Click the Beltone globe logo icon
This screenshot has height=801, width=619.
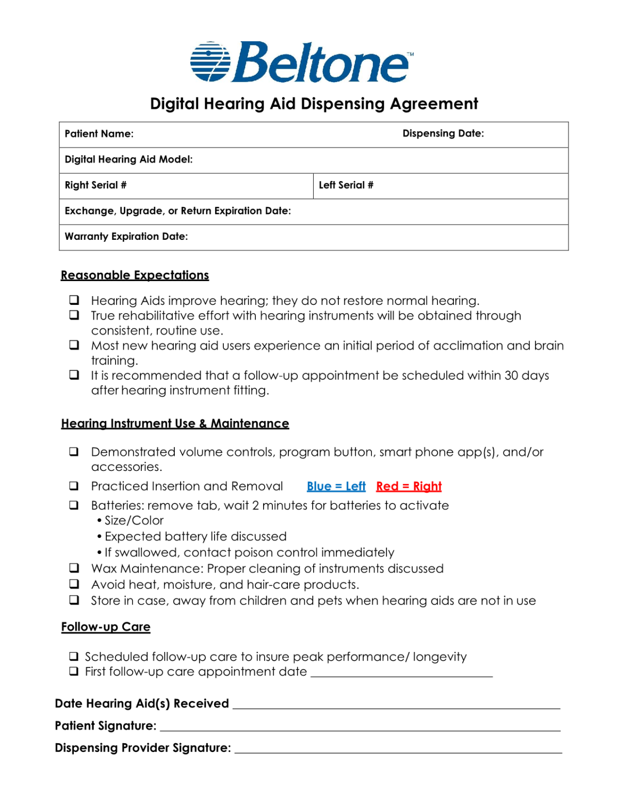pyautogui.click(x=210, y=62)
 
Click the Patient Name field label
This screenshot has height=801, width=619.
pyautogui.click(x=99, y=134)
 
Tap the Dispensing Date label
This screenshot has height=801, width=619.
pyautogui.click(x=443, y=134)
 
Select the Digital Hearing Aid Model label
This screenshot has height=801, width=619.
pyautogui.click(x=128, y=159)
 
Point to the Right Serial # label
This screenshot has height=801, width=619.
pyautogui.click(x=95, y=185)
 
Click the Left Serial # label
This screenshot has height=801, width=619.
pyautogui.click(x=346, y=185)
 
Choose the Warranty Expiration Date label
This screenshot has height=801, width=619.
pyautogui.click(x=126, y=237)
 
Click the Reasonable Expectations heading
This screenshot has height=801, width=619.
pyautogui.click(x=135, y=275)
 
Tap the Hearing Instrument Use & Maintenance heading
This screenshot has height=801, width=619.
pyautogui.click(x=175, y=423)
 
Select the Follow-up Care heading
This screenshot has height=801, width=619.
pyautogui.click(x=106, y=627)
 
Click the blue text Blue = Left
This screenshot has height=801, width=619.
pyautogui.click(x=336, y=486)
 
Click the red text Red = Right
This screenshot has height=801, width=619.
pyautogui.click(x=409, y=486)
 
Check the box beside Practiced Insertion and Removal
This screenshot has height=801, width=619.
pyautogui.click(x=74, y=486)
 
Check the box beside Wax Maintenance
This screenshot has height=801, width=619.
pyautogui.click(x=74, y=568)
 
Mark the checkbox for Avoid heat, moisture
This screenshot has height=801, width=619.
pyautogui.click(x=74, y=584)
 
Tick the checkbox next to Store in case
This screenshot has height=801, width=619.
pyautogui.click(x=74, y=600)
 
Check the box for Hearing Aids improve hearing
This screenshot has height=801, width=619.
pyautogui.click(x=74, y=300)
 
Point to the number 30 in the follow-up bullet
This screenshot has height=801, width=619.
pyautogui.click(x=511, y=375)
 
